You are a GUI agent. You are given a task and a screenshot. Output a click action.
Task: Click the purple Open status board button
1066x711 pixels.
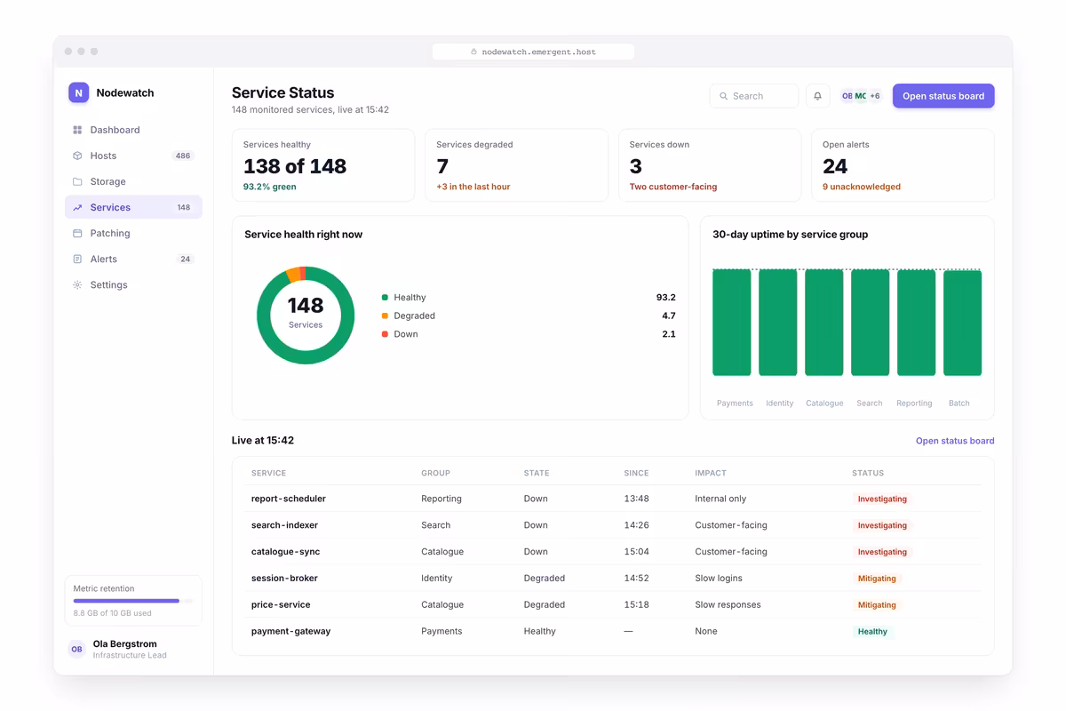pos(943,96)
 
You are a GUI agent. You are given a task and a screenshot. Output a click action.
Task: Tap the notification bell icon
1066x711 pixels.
pos(817,96)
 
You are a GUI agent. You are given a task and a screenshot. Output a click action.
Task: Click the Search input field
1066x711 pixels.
pos(754,96)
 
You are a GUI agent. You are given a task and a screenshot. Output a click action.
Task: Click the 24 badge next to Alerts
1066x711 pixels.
pos(185,259)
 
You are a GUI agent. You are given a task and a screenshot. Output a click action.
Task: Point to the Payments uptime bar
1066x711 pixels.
pos(731,323)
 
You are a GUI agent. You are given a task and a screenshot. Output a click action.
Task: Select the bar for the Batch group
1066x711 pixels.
pos(962,323)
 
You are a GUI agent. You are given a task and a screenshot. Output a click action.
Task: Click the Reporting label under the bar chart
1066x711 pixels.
pos(914,403)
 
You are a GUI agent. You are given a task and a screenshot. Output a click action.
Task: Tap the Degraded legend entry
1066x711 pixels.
pos(409,316)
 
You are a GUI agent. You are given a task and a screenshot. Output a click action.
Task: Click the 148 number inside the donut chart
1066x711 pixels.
pos(306,305)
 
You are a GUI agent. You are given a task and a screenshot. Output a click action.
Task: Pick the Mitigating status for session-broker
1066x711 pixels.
pos(877,579)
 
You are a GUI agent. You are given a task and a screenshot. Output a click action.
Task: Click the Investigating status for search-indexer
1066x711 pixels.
pos(882,525)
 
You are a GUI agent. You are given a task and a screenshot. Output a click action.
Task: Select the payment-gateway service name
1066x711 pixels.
pos(290,631)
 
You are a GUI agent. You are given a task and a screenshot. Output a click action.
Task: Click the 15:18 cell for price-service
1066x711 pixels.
pos(636,604)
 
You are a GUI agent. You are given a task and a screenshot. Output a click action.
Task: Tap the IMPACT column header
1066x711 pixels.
pos(711,473)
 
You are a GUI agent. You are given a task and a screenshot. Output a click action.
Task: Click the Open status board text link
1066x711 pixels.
pos(955,441)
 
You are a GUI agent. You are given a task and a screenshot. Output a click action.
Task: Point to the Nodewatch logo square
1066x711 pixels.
pos(78,92)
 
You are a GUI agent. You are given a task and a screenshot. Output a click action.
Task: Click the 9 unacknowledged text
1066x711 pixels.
pos(862,187)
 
